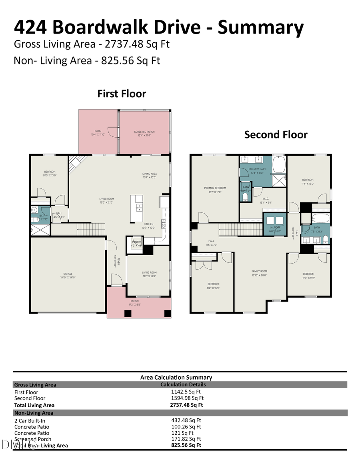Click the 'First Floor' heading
click(122, 94)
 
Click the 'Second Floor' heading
click(276, 134)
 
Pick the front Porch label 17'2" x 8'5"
click(135, 302)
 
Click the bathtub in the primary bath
click(279, 164)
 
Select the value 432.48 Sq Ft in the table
click(186, 420)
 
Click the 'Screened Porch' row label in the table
click(33, 439)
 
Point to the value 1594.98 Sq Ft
click(187, 398)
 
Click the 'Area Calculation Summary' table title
click(176, 377)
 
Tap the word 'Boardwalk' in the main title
click(126, 27)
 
